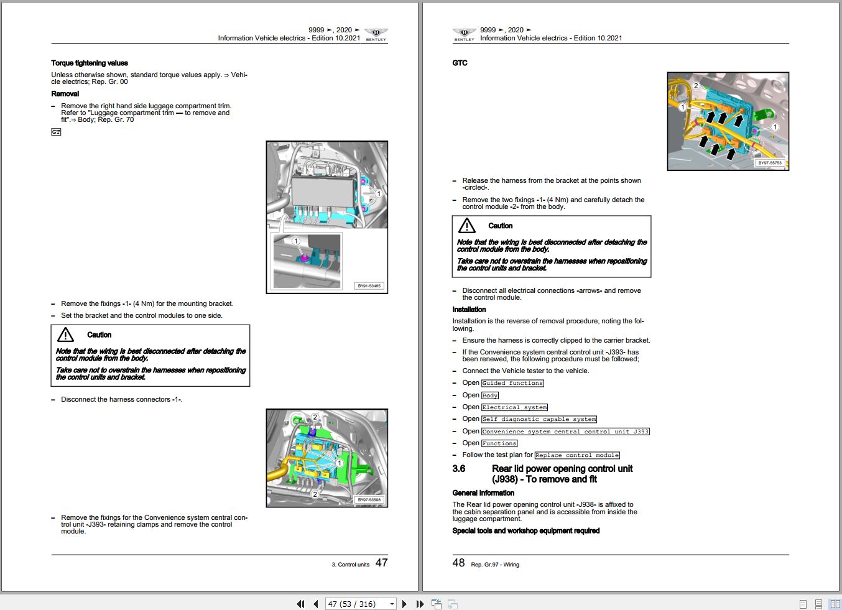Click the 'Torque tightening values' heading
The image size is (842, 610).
90,63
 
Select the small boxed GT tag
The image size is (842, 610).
56,132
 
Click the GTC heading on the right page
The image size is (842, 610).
460,63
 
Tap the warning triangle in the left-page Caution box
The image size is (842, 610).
65,335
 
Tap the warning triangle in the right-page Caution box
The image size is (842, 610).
466,226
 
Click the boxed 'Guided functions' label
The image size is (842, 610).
512,383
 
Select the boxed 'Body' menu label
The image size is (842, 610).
490,395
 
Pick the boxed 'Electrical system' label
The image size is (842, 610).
514,407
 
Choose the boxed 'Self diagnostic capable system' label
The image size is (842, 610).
539,419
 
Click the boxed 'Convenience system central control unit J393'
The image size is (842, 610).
565,432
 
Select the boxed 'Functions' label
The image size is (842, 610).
499,443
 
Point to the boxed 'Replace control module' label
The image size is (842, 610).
577,455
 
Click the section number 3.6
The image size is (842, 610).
459,469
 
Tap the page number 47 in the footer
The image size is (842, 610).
381,563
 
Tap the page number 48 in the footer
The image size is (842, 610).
458,563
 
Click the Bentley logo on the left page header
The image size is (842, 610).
376,34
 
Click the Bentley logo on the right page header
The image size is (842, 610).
464,34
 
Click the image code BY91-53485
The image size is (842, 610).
369,286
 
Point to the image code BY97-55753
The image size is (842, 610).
770,163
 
